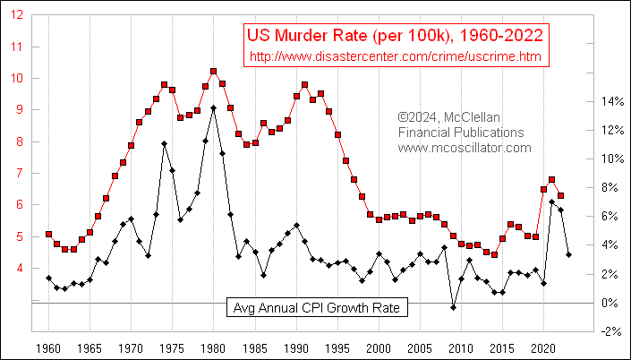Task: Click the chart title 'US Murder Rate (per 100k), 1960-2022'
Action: pyautogui.click(x=395, y=36)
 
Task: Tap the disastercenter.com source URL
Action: pyautogui.click(x=395, y=56)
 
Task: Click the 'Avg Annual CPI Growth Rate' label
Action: pyautogui.click(x=317, y=307)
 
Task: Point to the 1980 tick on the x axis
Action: pyautogui.click(x=213, y=346)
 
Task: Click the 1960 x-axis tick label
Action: pyautogui.click(x=48, y=346)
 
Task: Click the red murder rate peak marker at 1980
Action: pyautogui.click(x=213, y=71)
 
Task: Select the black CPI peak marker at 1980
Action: pyautogui.click(x=213, y=108)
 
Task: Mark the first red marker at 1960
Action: pyautogui.click(x=48, y=235)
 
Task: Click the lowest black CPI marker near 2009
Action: pyautogui.click(x=453, y=307)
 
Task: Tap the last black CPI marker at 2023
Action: pyautogui.click(x=568, y=255)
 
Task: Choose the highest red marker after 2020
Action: pyautogui.click(x=552, y=180)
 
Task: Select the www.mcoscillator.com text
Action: pyautogui.click(x=465, y=148)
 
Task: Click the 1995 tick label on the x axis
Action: pyautogui.click(x=337, y=346)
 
